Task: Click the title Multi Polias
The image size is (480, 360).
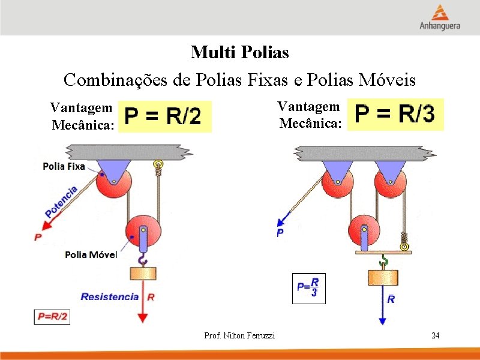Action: tap(239, 53)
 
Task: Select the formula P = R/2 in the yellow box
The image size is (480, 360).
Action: tap(166, 116)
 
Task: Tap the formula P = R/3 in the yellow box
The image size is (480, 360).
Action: tap(395, 114)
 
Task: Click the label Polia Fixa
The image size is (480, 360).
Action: tap(64, 166)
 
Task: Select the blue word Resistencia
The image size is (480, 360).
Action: tap(110, 296)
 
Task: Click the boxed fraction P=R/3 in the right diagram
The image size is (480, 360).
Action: tap(308, 288)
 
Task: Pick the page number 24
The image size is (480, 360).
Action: tap(436, 335)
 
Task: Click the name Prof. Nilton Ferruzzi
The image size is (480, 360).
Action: tap(239, 335)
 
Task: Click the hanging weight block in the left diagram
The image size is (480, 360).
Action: tap(143, 274)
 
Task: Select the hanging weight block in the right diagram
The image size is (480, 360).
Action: tap(383, 277)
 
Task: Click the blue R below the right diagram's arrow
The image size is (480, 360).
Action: tap(391, 299)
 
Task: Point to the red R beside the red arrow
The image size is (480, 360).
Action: tap(151, 296)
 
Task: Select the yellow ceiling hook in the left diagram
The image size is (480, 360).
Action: tap(158, 163)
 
